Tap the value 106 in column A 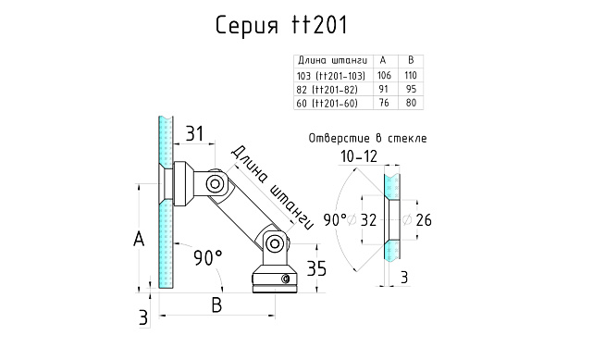coord(384,74)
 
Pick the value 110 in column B coord(413,74)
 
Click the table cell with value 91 coord(384,88)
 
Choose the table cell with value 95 coord(413,88)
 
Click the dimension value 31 coord(194,133)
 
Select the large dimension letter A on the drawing coord(139,240)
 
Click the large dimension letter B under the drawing coord(217,304)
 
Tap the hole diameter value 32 coord(368,220)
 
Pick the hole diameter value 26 coord(424,220)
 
